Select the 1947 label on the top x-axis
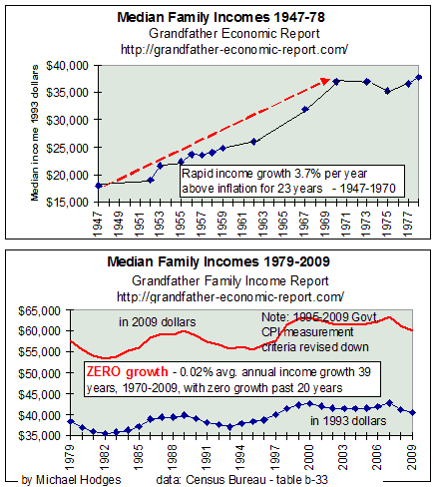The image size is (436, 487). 70,223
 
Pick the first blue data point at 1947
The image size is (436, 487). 70,186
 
